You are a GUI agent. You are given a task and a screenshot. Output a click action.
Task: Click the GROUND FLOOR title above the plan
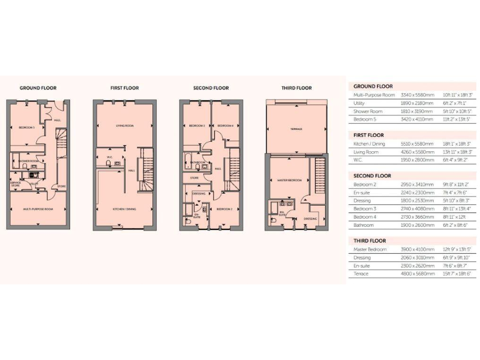[39, 88]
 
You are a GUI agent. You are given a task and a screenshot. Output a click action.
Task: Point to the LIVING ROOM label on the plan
[126, 126]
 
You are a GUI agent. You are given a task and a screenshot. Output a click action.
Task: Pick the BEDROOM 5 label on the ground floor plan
[27, 127]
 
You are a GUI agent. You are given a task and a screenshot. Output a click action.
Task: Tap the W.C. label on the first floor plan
[109, 157]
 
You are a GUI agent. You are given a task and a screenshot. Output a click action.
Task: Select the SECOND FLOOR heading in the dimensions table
[372, 176]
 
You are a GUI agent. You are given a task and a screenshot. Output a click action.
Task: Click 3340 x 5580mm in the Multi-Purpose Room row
[417, 95]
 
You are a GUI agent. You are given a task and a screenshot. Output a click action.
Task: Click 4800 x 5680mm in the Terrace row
[417, 274]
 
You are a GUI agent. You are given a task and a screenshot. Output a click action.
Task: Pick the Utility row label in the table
[360, 103]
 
